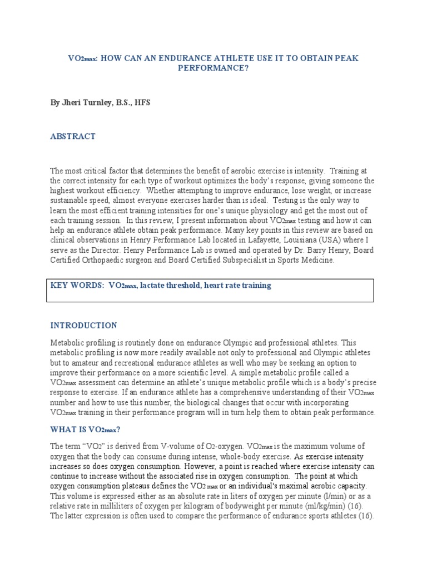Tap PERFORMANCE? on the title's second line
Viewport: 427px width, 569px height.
[213, 68]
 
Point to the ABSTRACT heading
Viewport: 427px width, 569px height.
[73, 136]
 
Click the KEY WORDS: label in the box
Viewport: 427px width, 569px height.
[77, 285]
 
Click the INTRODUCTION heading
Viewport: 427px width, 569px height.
[84, 326]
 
